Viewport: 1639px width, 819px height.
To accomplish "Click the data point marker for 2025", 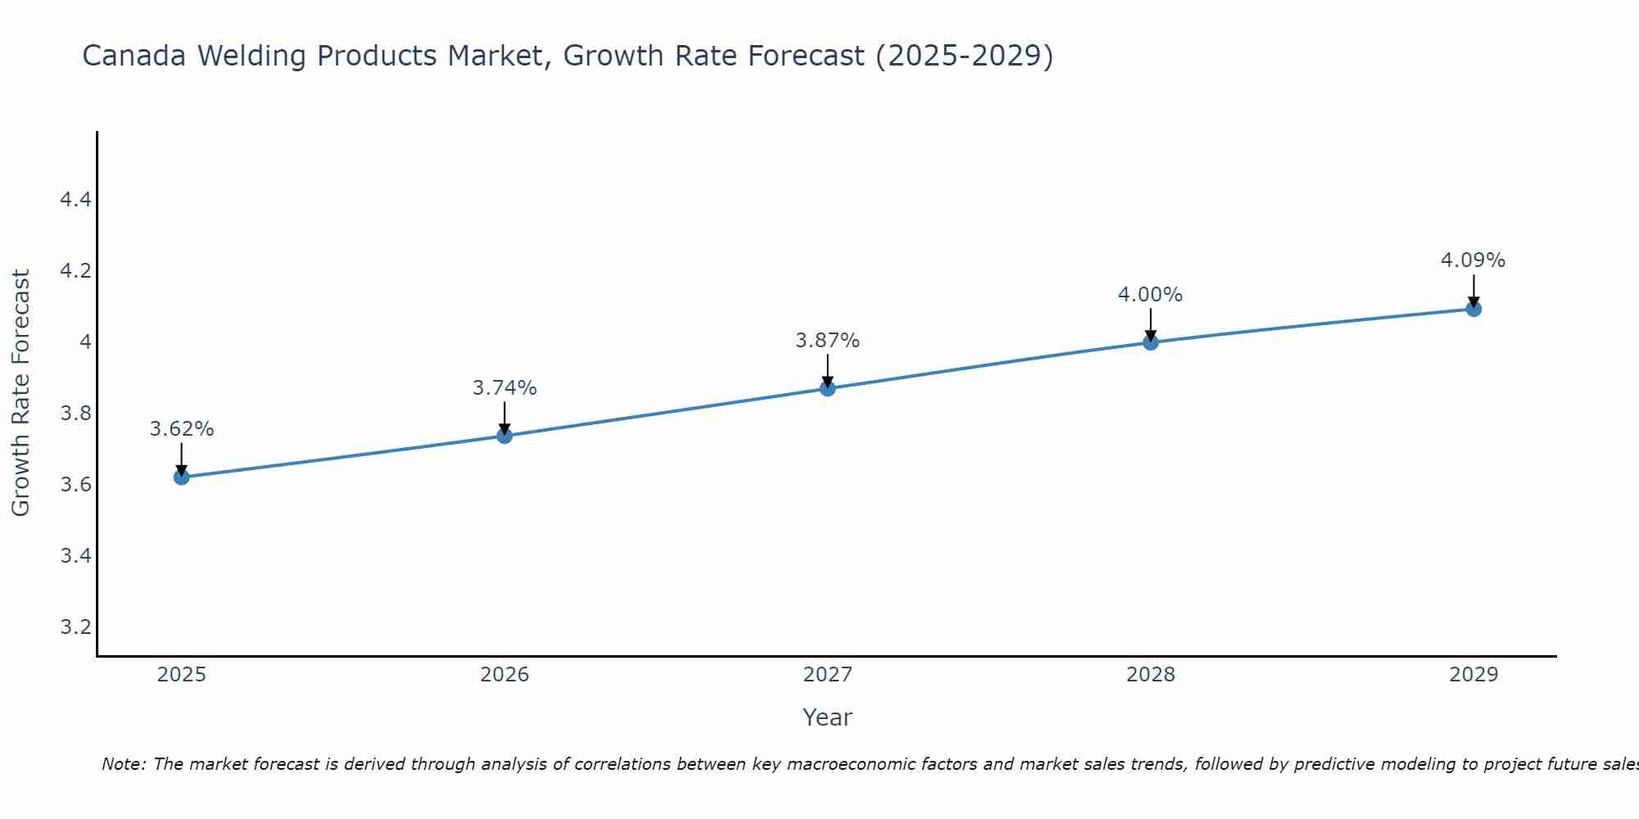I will tap(181, 477).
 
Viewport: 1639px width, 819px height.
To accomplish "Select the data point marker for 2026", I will tap(505, 436).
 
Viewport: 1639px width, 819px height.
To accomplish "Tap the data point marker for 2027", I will tap(828, 388).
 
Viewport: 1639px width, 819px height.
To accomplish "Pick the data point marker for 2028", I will tap(1151, 342).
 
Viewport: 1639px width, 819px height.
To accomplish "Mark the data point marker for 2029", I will tap(1473, 309).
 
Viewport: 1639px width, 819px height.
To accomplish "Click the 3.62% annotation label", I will tap(181, 429).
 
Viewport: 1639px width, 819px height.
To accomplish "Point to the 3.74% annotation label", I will tap(505, 388).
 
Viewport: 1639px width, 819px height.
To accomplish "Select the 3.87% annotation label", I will tap(828, 341).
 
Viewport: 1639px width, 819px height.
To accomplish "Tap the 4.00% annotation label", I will tap(1151, 295).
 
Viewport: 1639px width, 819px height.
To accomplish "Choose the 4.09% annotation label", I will tap(1473, 260).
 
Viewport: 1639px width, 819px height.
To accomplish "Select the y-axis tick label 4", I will tap(85, 342).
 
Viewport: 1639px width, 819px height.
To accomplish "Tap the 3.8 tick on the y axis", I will tap(75, 414).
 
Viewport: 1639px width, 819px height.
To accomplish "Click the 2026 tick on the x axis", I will tap(505, 675).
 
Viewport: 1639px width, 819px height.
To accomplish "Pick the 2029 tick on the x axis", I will tap(1473, 675).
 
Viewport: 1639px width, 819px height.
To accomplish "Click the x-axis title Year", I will tap(828, 717).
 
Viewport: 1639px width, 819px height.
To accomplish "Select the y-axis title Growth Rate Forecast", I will tap(20, 393).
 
